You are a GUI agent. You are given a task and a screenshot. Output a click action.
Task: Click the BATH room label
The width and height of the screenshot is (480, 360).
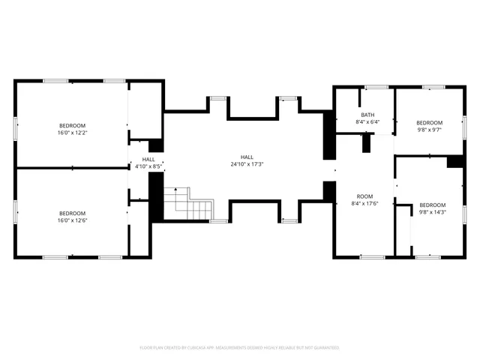(x=367, y=115)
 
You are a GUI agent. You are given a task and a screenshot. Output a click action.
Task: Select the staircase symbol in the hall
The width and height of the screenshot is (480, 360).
(x=188, y=202)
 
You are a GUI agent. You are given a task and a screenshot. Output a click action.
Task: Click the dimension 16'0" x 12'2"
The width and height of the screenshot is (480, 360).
(x=73, y=132)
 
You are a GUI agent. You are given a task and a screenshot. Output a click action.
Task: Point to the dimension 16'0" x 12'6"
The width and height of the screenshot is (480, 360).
(x=73, y=220)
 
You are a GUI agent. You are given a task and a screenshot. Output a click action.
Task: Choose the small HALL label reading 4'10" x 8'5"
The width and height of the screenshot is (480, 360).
(x=148, y=166)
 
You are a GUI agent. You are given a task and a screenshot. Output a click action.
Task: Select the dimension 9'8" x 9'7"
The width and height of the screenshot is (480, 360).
(x=430, y=129)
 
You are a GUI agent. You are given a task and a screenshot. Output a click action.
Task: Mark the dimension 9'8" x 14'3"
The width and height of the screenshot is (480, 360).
(x=433, y=212)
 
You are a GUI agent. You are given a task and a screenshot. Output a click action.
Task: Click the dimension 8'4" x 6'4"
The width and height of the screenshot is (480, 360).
(x=367, y=122)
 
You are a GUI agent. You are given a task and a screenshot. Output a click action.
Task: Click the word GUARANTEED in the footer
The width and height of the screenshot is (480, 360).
(x=324, y=348)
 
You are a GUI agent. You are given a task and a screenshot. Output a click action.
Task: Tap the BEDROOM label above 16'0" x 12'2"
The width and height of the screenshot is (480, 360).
(x=73, y=125)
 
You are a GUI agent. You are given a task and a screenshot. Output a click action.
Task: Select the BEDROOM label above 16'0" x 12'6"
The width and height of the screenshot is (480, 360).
(x=73, y=213)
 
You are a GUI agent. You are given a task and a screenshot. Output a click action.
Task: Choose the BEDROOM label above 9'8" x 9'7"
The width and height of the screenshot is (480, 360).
(x=430, y=122)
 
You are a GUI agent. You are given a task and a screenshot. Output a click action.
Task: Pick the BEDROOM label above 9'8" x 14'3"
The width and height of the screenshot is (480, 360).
(x=433, y=205)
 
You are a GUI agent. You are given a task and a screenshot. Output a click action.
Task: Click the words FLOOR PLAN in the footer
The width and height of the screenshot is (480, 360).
(x=152, y=348)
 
